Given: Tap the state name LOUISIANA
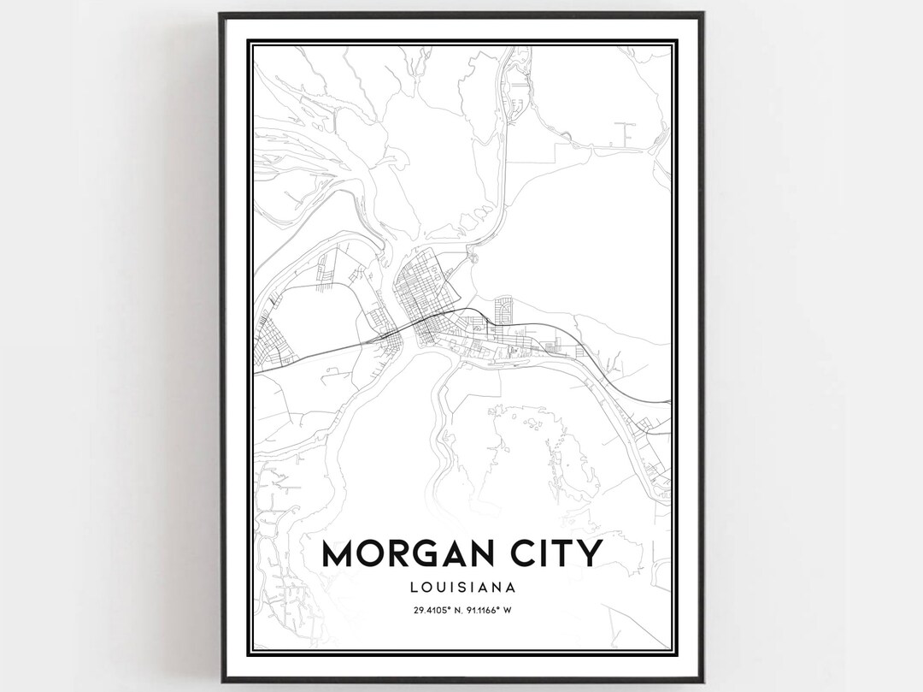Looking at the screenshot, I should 461,588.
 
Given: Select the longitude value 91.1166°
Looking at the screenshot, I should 485,610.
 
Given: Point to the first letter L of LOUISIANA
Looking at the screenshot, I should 413,588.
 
